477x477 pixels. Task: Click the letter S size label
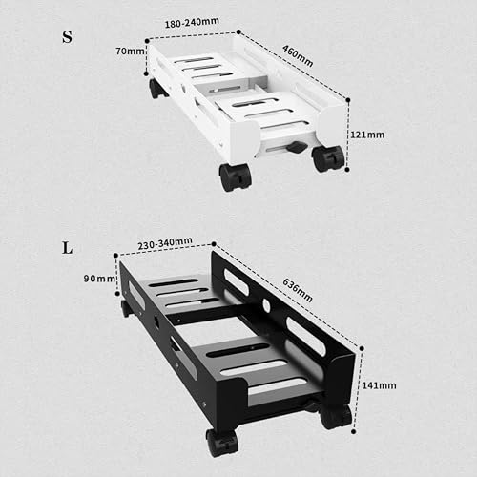click(x=67, y=37)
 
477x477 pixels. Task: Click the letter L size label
click(x=67, y=248)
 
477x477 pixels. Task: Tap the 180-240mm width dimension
click(x=192, y=23)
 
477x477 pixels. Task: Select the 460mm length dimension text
click(x=298, y=56)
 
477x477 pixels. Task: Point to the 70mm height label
click(x=130, y=51)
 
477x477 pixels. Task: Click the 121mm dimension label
click(x=367, y=135)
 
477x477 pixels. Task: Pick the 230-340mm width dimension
click(x=165, y=243)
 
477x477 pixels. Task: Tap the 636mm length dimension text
click(x=298, y=290)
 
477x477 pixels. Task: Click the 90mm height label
click(x=99, y=279)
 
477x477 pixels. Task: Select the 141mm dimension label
click(x=379, y=385)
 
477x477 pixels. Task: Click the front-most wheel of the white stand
click(x=236, y=177)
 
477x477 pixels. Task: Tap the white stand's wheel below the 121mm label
click(x=328, y=158)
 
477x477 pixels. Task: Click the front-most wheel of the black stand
click(x=221, y=443)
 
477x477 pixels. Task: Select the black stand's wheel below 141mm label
click(x=336, y=416)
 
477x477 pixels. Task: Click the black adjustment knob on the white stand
click(x=297, y=147)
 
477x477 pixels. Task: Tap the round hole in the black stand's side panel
click(x=266, y=305)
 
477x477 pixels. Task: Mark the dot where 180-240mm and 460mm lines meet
click(x=238, y=31)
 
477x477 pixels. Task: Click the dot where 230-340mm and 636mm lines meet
click(x=214, y=244)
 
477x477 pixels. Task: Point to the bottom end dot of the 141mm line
click(x=354, y=431)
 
